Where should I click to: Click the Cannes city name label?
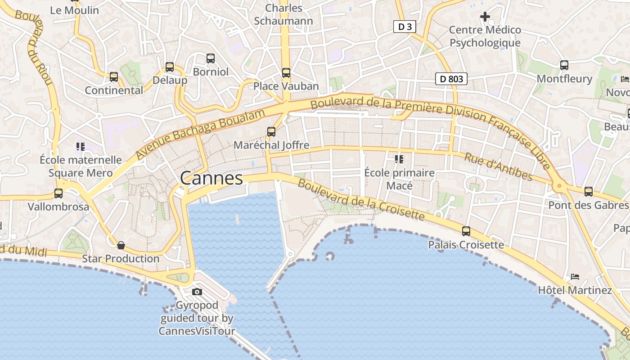[211, 178]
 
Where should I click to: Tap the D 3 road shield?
[404, 27]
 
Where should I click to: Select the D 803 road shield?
[451, 79]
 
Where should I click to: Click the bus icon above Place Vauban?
[286, 72]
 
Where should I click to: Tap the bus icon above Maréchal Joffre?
[271, 131]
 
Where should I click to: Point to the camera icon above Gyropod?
[197, 292]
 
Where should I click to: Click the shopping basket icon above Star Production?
[121, 245]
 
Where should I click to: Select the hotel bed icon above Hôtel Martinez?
[575, 276]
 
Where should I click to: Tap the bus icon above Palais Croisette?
[466, 231]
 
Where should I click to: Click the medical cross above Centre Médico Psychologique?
[485, 17]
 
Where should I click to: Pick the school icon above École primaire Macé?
[399, 159]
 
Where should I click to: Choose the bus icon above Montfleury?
[564, 65]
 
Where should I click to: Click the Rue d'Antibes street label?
[498, 166]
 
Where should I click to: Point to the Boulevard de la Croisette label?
[361, 200]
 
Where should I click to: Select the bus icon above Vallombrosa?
[58, 193]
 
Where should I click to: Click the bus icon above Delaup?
[170, 67]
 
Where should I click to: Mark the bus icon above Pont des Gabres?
[588, 192]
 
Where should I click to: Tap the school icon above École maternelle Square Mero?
[81, 146]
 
